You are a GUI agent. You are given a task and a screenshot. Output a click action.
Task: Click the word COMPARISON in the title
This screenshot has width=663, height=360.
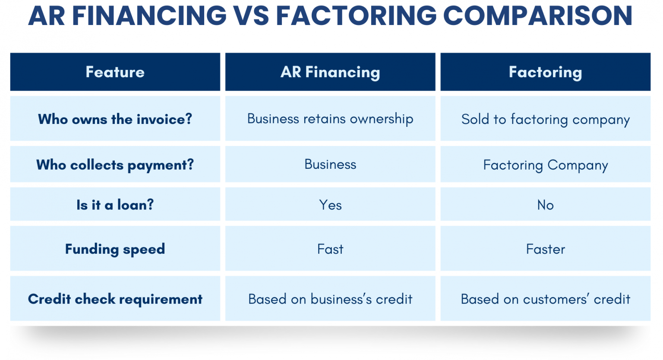[x=537, y=16]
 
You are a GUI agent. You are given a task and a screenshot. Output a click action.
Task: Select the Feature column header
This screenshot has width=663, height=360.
[x=115, y=72]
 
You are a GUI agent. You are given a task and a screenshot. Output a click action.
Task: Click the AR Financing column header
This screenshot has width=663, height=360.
[x=330, y=72]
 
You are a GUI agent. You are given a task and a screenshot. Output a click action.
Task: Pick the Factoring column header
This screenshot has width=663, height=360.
[x=545, y=72]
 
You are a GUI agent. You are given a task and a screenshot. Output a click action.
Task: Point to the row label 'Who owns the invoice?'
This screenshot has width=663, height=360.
[x=115, y=119]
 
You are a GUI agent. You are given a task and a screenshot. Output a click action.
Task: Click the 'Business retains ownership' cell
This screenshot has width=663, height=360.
[x=330, y=119]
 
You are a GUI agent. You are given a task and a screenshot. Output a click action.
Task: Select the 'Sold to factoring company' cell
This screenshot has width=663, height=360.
[x=545, y=119]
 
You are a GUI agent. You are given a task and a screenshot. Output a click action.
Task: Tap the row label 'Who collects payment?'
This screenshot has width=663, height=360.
[x=115, y=164]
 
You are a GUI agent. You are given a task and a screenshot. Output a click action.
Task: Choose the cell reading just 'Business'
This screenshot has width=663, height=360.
[x=330, y=164]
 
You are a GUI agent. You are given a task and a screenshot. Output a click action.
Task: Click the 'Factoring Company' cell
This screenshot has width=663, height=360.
[x=545, y=165]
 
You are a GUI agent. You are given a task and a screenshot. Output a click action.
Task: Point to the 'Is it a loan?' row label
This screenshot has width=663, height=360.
[x=115, y=205]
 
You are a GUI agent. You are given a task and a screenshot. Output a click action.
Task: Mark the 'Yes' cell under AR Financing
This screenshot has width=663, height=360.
[x=330, y=205]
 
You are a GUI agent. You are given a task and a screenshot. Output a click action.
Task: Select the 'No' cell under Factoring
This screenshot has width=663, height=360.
[x=545, y=205]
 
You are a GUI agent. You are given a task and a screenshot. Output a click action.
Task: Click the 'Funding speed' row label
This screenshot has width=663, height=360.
[x=115, y=249]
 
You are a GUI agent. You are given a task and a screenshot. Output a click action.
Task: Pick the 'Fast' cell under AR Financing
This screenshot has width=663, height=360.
[x=330, y=249]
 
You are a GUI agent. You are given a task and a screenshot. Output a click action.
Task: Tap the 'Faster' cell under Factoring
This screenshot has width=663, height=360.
[x=545, y=249]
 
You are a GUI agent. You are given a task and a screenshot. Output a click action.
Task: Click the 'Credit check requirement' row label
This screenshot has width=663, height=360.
[x=115, y=299]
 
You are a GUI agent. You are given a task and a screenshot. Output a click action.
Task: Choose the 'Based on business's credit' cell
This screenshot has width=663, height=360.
[x=330, y=299]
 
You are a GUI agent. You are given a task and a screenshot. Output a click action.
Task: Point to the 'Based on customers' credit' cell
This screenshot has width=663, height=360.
[x=545, y=299]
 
